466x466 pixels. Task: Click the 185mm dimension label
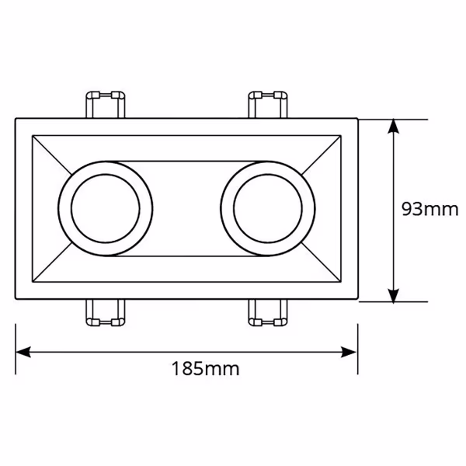click(205, 369)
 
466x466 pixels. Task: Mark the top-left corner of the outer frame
click(17, 119)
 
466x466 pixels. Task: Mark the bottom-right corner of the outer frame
click(356, 300)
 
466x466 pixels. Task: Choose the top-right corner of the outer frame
click(356, 119)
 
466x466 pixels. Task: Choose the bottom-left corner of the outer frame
click(17, 300)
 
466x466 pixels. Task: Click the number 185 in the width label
click(190, 369)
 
